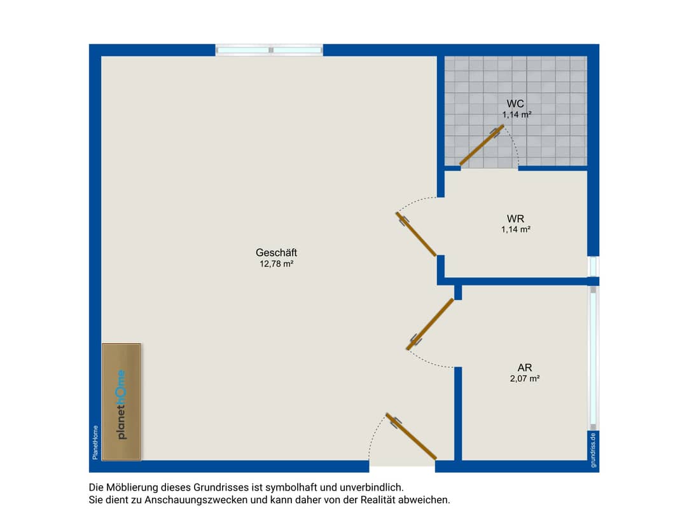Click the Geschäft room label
pos(277,252)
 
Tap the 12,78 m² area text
pos(277,264)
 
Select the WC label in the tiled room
pos(515,104)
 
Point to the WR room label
pos(516,219)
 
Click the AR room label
pos(525,368)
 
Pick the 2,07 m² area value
pos(525,379)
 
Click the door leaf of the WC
pos(482,145)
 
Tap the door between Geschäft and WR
pos(416,234)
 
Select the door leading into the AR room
pos(430,324)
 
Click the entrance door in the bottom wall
pos(411,436)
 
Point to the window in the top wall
pos(270,50)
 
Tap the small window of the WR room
pos(593,266)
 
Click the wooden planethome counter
pos(121,402)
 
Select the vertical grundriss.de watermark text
pos(593,450)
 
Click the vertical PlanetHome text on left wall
pos(95,442)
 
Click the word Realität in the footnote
pos(378,499)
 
